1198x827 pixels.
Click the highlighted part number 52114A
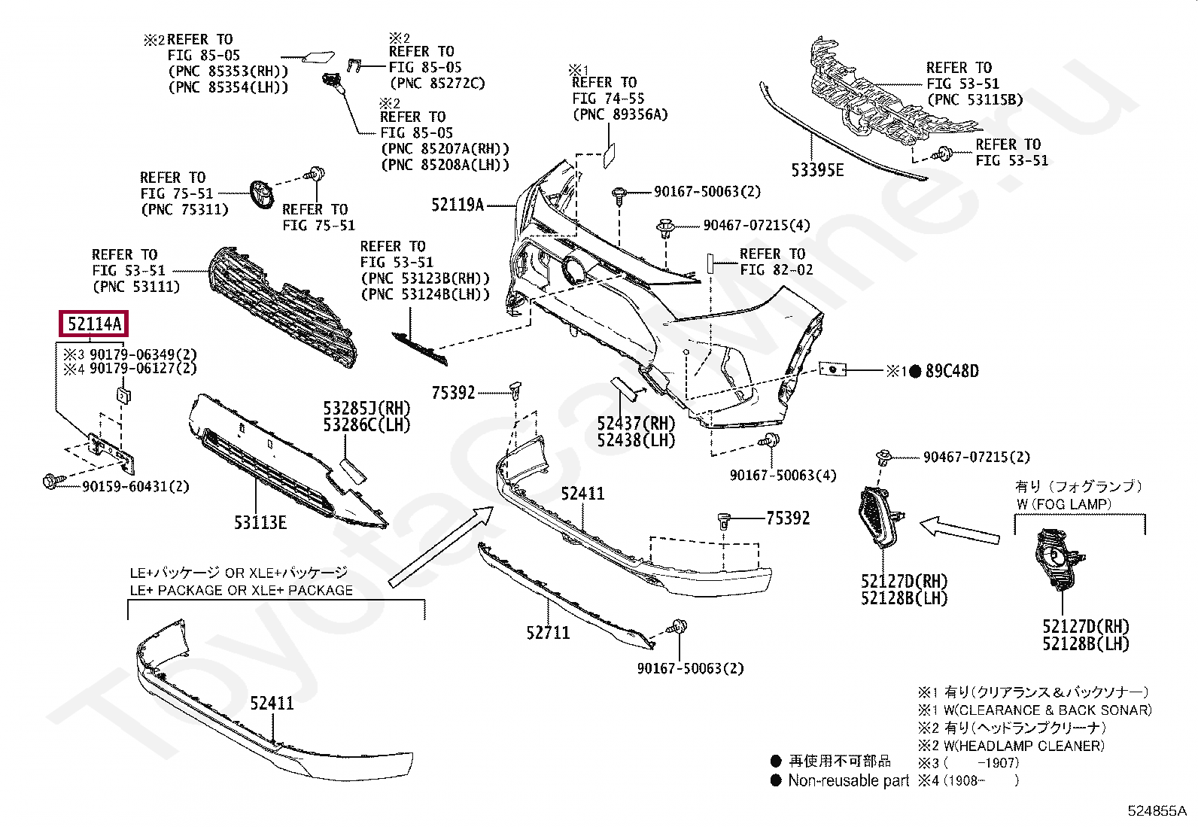click(94, 324)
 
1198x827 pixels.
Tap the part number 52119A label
click(458, 204)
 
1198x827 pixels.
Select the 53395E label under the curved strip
click(817, 171)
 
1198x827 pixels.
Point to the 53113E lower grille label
click(260, 521)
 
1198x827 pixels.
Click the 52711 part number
click(548, 633)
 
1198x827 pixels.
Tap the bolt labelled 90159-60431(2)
click(53, 479)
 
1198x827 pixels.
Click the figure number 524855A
click(1156, 810)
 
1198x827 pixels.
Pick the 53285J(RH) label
click(367, 409)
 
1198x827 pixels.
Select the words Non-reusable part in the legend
click(849, 780)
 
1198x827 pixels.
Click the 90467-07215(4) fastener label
click(756, 225)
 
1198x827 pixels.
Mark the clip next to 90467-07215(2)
click(884, 458)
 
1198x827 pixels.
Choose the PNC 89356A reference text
click(619, 115)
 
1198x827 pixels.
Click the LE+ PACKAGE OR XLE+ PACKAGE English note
click(241, 590)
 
